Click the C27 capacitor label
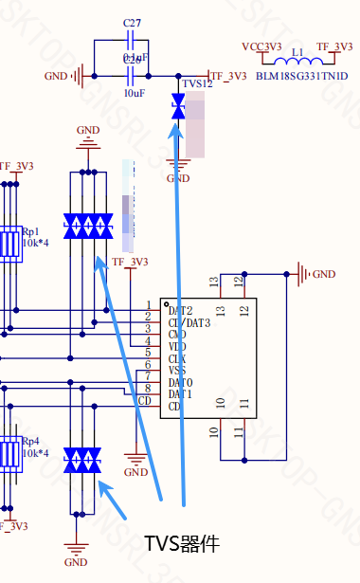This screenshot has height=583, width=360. [134, 21]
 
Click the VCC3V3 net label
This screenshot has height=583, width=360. [261, 46]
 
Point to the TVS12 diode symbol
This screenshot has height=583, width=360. [177, 106]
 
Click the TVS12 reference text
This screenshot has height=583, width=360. [199, 85]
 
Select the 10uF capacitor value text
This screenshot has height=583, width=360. [134, 93]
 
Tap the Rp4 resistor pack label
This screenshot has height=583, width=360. [31, 441]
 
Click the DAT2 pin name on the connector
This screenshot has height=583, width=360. [180, 310]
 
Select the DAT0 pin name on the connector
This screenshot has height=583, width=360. [180, 382]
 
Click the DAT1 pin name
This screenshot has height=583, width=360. [180, 393]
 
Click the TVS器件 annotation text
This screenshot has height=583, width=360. [182, 544]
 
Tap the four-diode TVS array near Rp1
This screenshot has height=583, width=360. [88, 226]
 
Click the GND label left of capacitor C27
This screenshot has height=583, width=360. [57, 76]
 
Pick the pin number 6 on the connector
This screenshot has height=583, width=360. [148, 364]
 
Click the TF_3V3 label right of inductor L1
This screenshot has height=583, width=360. [334, 46]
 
